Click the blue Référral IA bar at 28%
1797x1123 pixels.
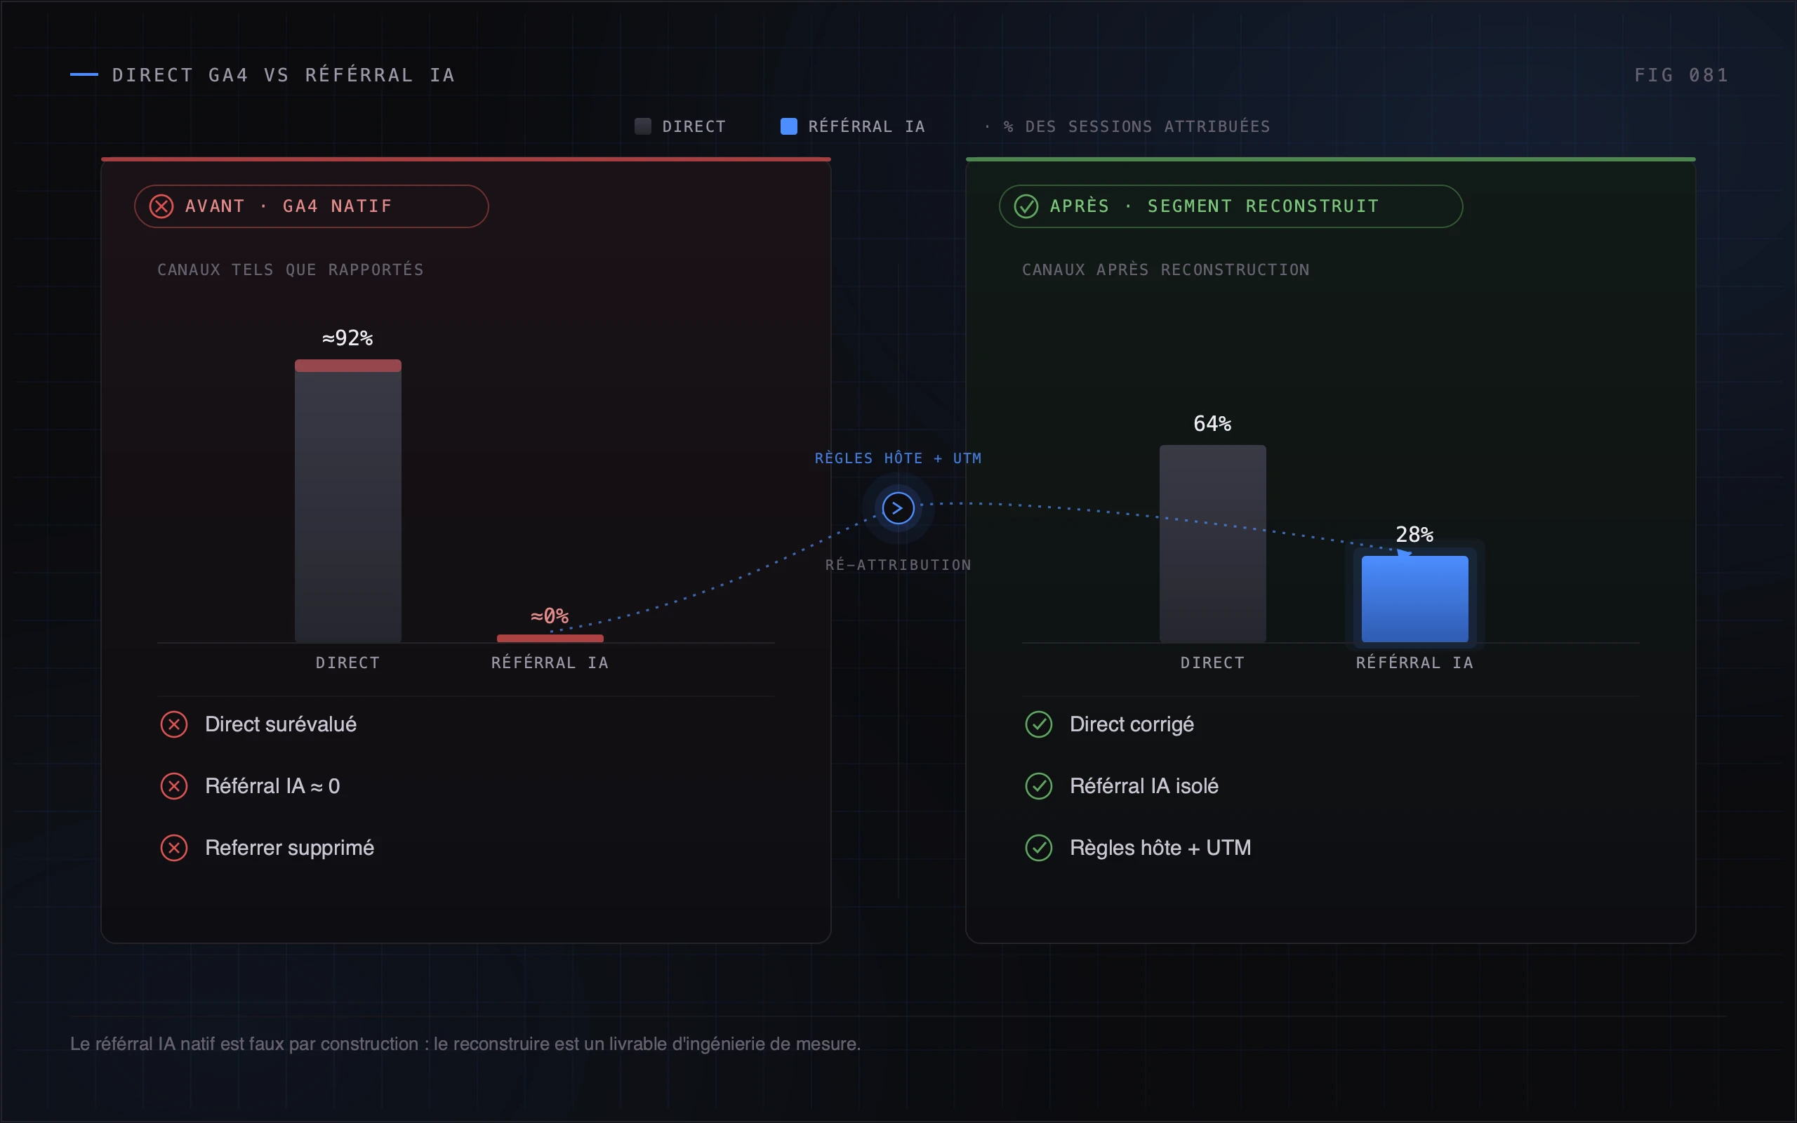pyautogui.click(x=1414, y=599)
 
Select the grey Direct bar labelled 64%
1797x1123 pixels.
pyautogui.click(x=1212, y=544)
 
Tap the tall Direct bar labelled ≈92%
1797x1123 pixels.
pyautogui.click(x=347, y=501)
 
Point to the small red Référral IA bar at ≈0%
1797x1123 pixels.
pyautogui.click(x=550, y=638)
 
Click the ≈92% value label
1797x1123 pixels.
pyautogui.click(x=347, y=338)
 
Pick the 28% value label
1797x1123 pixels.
pyautogui.click(x=1414, y=534)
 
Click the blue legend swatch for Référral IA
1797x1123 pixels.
pyautogui.click(x=788, y=126)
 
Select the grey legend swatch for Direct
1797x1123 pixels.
pyautogui.click(x=643, y=126)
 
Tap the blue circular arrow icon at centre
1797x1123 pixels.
pyautogui.click(x=898, y=508)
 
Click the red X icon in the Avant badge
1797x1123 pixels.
pyautogui.click(x=161, y=206)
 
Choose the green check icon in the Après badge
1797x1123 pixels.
pyautogui.click(x=1026, y=206)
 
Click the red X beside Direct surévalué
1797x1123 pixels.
pyautogui.click(x=174, y=724)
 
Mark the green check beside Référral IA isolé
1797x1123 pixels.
pyautogui.click(x=1039, y=786)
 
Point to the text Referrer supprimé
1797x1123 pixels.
pyautogui.click(x=290, y=847)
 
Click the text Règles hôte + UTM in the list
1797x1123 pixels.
pyautogui.click(x=1160, y=847)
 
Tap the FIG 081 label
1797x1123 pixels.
pyautogui.click(x=1681, y=75)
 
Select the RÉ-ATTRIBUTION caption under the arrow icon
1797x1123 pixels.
pyautogui.click(x=898, y=564)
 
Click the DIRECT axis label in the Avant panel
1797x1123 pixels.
pyautogui.click(x=347, y=663)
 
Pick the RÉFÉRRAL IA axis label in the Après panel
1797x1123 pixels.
pyautogui.click(x=1414, y=663)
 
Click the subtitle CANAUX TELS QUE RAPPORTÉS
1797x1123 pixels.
pyautogui.click(x=291, y=270)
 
